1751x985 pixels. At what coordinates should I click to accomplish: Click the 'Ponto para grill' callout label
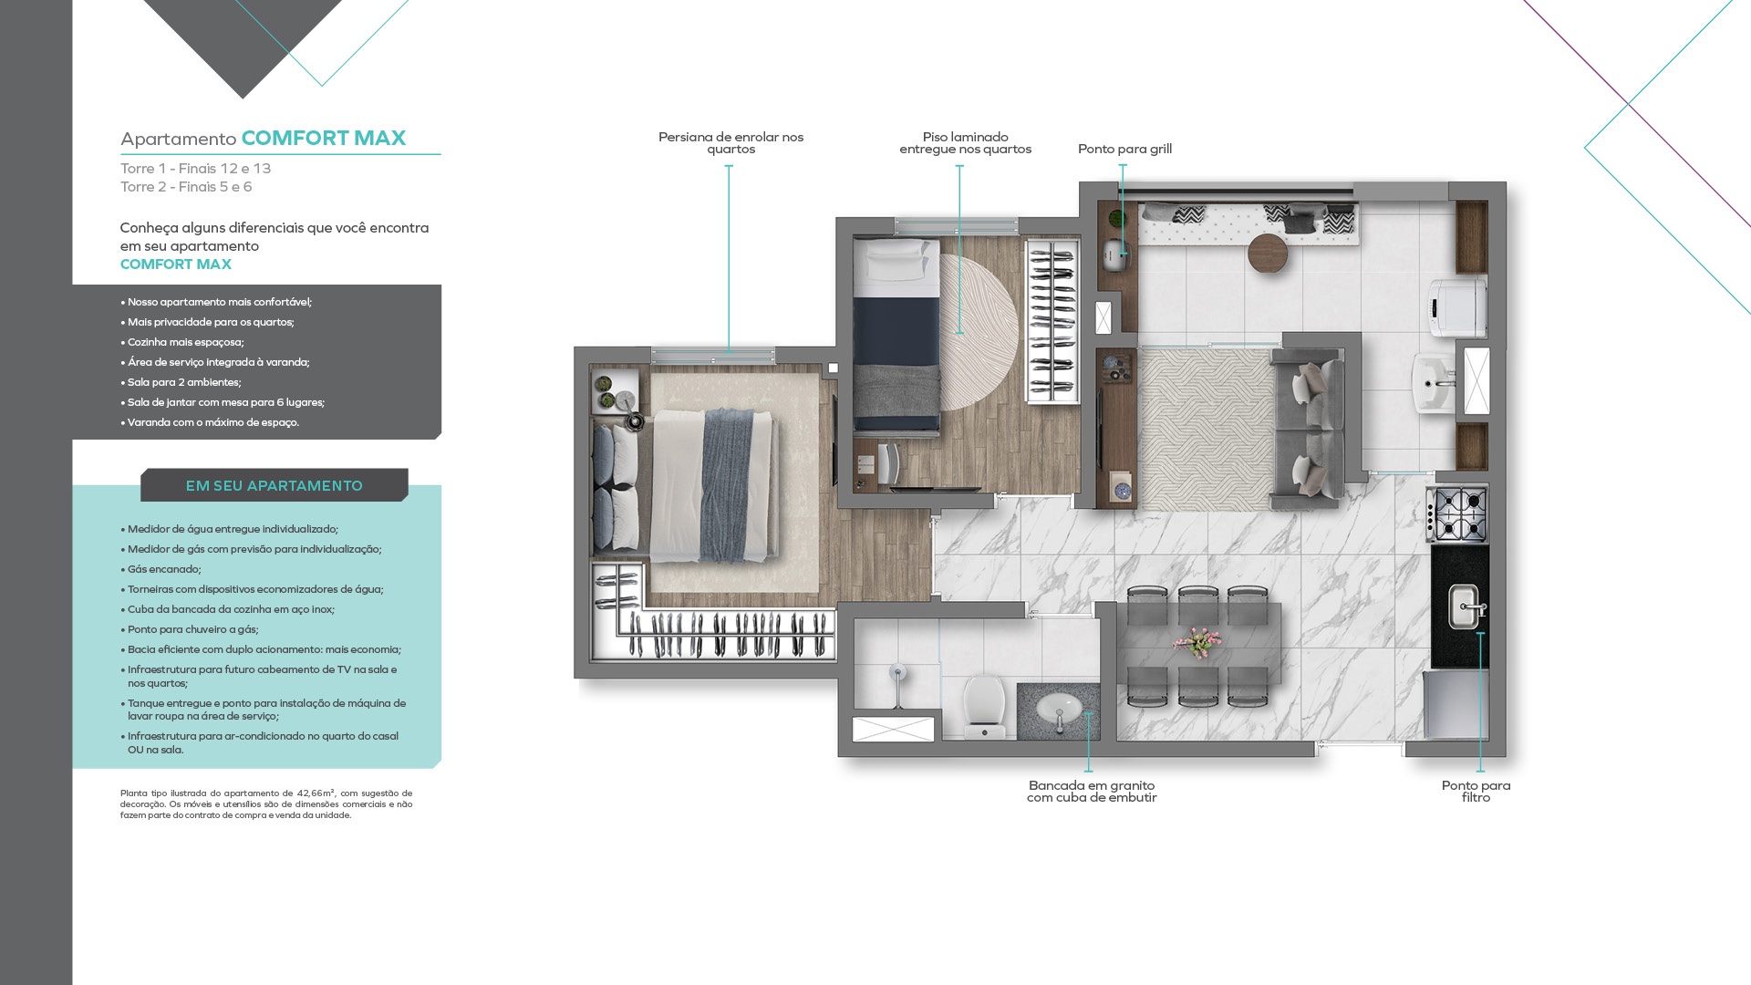[1124, 149]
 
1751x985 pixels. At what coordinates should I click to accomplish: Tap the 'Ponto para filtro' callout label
[1476, 792]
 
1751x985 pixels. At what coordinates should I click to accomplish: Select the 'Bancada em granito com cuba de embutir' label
[1092, 792]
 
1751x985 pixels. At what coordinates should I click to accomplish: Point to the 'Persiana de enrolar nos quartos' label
[730, 143]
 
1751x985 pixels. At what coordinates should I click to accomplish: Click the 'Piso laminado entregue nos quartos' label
[965, 143]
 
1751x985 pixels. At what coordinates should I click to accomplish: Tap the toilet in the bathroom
[984, 705]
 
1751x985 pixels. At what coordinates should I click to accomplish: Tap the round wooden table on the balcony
[1267, 253]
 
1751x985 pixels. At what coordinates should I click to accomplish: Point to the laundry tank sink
[1436, 383]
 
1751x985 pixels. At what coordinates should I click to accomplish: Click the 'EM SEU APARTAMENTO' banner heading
[275, 486]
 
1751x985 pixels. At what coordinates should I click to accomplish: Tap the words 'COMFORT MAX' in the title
[324, 138]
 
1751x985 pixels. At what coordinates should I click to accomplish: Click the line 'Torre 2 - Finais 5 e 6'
[186, 187]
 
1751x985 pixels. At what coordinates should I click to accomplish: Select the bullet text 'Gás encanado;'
[164, 569]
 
